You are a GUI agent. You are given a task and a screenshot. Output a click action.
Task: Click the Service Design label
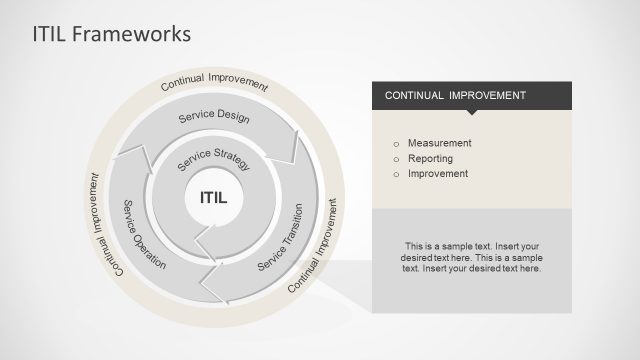tap(213, 117)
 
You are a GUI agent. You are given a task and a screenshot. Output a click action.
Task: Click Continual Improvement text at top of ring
tap(214, 82)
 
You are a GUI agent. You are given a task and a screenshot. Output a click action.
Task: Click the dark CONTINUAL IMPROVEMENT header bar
tap(471, 95)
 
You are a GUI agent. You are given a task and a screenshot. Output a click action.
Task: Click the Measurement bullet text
tap(439, 143)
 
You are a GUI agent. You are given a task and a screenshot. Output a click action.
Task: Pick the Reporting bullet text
tap(431, 158)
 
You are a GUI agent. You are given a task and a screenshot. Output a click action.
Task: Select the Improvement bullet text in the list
tap(438, 173)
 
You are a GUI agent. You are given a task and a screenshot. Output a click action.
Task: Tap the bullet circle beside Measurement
tap(396, 143)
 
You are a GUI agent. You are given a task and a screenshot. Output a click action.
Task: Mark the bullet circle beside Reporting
tap(396, 158)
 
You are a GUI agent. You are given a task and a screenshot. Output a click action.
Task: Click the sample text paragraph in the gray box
tap(472, 257)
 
